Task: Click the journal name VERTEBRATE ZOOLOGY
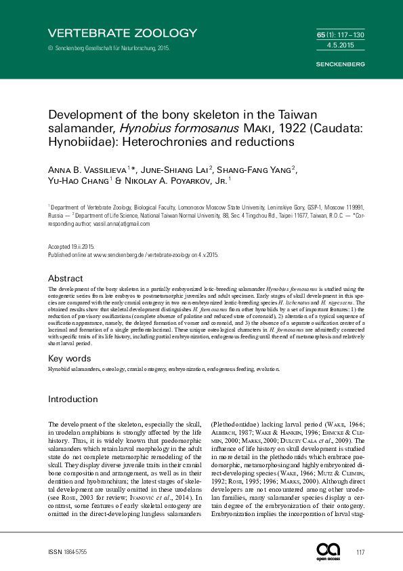pos(123,33)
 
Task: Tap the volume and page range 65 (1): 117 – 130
pos(340,34)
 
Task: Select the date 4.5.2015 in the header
pos(346,45)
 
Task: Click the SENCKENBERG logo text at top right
pos(341,64)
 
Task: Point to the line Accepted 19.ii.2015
pos(70,247)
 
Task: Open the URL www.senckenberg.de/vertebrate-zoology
pos(146,254)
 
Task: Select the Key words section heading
pos(70,357)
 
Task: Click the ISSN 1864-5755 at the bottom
pos(70,553)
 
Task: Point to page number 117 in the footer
pos(360,553)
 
